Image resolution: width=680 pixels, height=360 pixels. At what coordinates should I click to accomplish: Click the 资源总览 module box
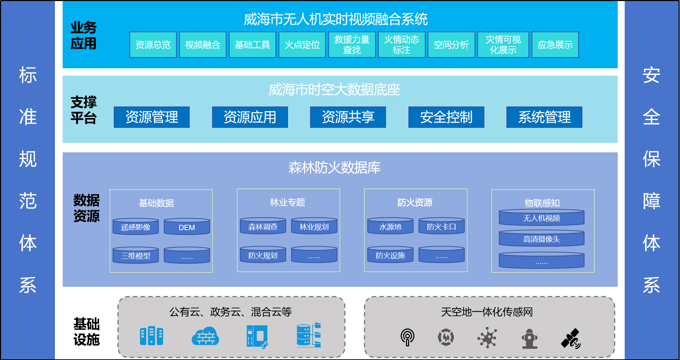click(x=153, y=44)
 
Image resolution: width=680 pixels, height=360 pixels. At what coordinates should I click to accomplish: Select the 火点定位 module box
click(x=302, y=44)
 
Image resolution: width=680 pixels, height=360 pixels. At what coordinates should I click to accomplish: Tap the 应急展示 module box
click(x=555, y=44)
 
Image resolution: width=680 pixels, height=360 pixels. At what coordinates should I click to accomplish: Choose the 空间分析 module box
click(x=451, y=44)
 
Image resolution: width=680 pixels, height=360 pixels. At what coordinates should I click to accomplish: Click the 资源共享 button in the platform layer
click(x=348, y=117)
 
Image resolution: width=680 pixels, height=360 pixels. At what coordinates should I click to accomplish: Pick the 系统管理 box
click(x=544, y=117)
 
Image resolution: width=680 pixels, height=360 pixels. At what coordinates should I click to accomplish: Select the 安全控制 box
click(x=446, y=117)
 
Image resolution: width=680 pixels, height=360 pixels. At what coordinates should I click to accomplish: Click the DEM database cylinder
click(x=187, y=227)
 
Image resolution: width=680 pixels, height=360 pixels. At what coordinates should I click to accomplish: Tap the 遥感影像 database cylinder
click(x=135, y=227)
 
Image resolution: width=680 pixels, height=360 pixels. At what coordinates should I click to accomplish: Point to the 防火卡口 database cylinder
click(x=441, y=226)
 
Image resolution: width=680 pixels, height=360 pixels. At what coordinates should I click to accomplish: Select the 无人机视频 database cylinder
click(x=541, y=218)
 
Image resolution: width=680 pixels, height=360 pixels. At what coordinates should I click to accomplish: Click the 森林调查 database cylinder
click(x=263, y=226)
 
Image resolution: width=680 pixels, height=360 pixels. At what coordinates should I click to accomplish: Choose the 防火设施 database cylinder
click(x=390, y=255)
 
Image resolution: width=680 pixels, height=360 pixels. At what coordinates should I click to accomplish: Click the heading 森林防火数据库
click(x=334, y=167)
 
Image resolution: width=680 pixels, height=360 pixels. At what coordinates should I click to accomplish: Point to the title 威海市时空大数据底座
click(x=334, y=90)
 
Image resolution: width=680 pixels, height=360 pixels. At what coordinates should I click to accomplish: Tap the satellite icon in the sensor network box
click(x=571, y=338)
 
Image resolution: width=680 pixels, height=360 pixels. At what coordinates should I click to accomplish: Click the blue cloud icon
click(x=205, y=337)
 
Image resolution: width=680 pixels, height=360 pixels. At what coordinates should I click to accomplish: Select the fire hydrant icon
click(x=530, y=339)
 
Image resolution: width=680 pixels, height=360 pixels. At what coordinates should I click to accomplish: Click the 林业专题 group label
click(x=287, y=202)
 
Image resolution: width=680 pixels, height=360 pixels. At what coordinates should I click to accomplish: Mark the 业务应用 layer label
click(x=83, y=36)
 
